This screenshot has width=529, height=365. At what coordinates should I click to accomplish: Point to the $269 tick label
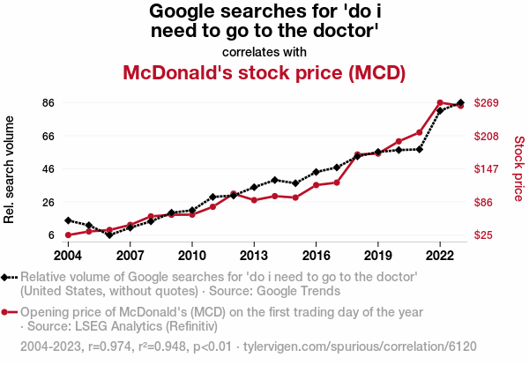(487, 103)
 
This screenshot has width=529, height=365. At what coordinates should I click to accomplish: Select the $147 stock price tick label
(487, 169)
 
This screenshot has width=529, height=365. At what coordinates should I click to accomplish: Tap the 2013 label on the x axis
(254, 255)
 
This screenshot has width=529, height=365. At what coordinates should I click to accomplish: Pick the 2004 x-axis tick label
(68, 255)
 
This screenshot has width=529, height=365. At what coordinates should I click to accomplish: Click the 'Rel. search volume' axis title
(10, 169)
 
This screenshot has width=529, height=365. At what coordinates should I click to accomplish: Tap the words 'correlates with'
(264, 50)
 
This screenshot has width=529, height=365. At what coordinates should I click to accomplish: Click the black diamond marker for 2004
(68, 220)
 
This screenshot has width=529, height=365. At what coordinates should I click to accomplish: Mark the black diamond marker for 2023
(461, 103)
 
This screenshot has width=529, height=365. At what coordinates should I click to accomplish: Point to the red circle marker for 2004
(68, 235)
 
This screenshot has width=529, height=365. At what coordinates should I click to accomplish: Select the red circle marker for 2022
(440, 103)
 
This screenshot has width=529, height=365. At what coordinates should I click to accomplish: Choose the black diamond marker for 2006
(109, 235)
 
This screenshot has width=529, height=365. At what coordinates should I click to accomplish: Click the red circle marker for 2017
(337, 182)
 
